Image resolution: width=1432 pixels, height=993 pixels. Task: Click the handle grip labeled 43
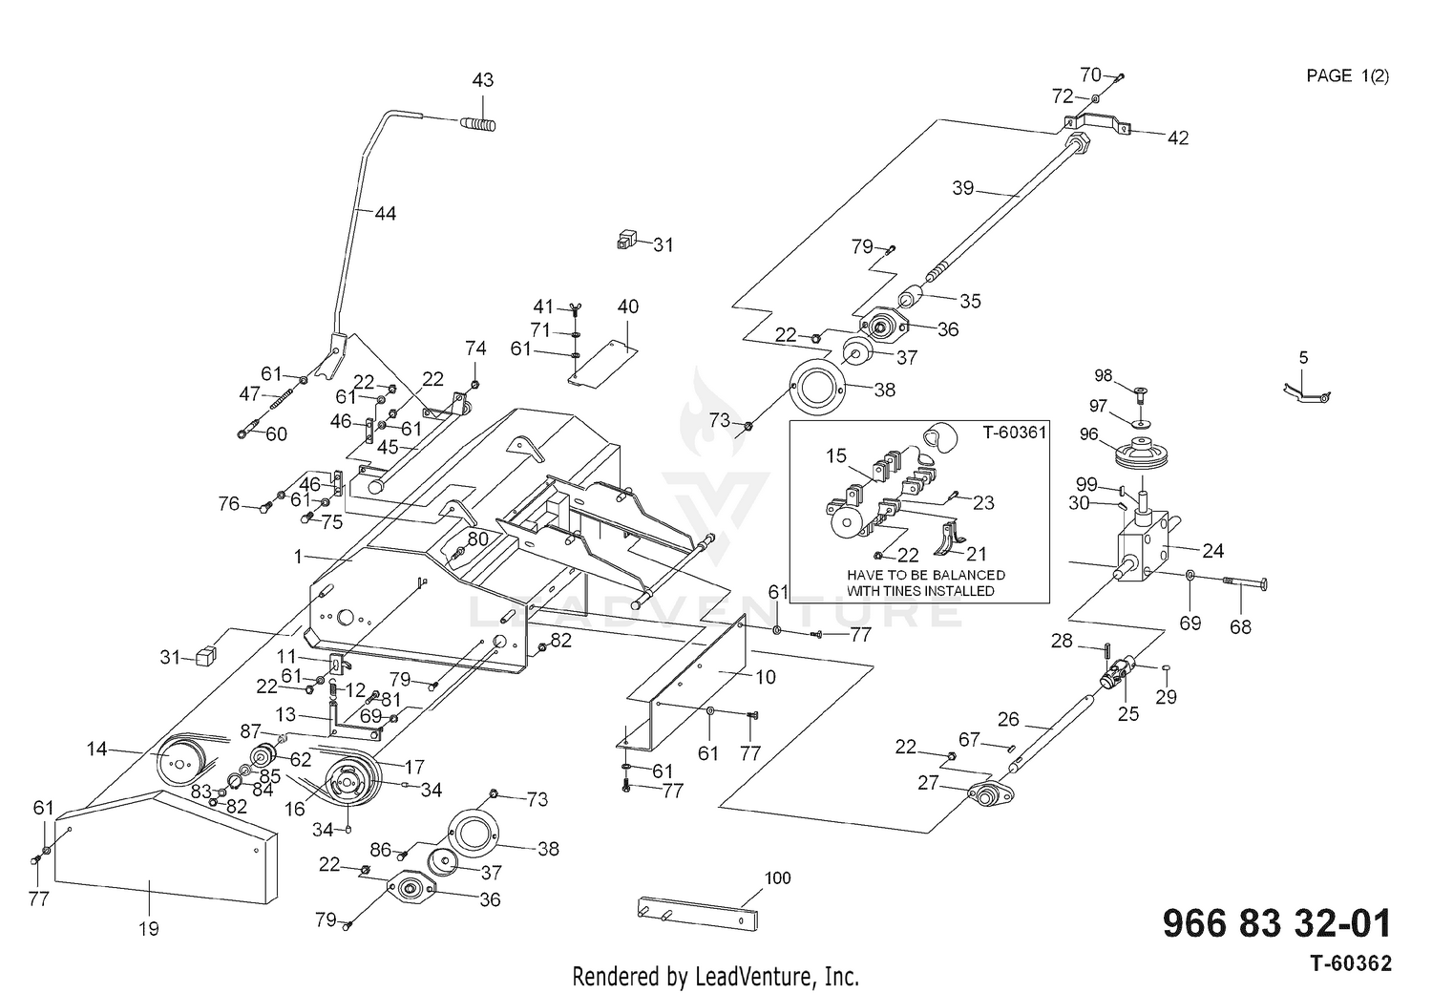478,123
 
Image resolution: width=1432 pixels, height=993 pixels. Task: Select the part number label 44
385,213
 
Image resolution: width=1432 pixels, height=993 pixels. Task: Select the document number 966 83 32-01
1276,924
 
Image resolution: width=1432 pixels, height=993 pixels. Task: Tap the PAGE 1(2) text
1348,76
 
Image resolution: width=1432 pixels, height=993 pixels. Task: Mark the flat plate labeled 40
603,364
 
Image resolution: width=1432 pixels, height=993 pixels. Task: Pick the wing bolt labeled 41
575,311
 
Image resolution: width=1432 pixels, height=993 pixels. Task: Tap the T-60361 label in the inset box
1015,433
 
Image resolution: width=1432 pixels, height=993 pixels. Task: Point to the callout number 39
962,188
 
